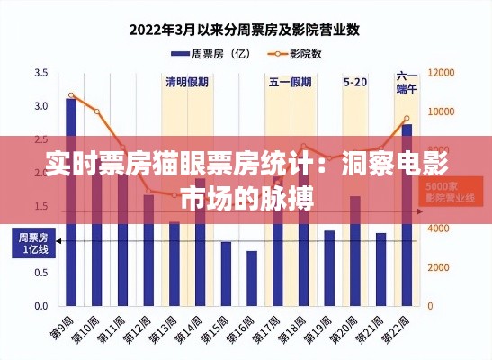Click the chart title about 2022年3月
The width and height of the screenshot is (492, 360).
pos(245,29)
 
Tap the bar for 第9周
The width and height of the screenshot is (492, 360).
pos(71,202)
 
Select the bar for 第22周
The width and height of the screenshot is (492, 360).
pos(407,215)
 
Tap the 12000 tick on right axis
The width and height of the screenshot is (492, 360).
pos(442,72)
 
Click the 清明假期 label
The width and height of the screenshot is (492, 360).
pos(187,82)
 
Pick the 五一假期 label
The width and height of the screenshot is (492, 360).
pos(291,82)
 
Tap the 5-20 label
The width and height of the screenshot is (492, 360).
pos(355,82)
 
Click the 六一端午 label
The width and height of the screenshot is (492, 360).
pos(407,83)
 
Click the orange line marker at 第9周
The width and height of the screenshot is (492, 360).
pos(71,95)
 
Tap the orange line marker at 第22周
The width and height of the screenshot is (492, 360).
pos(407,119)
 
